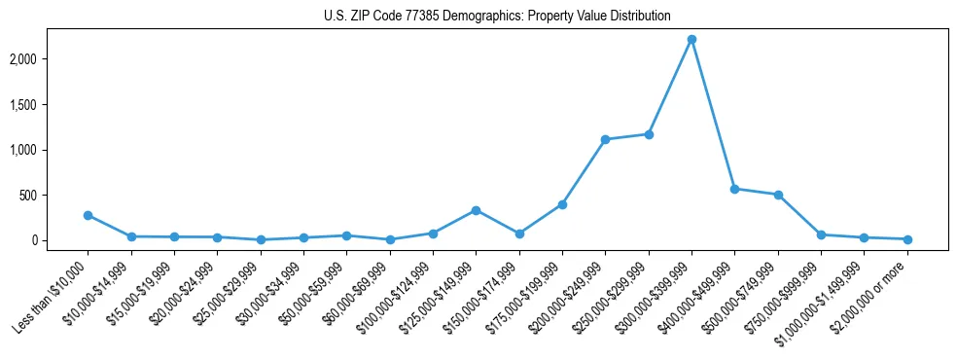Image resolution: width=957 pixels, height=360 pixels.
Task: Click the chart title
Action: point(497,16)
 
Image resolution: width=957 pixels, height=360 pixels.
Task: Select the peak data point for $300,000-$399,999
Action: point(691,40)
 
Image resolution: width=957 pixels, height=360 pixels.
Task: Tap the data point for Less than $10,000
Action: point(89,215)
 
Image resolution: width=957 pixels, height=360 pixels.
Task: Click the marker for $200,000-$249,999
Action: point(605,139)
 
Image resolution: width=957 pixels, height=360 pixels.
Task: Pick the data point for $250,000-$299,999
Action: point(649,134)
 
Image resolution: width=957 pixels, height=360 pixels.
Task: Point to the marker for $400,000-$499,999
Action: point(735,189)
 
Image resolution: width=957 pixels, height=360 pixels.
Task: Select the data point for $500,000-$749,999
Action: point(778,195)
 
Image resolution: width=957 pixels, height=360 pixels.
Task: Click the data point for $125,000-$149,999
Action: point(476,210)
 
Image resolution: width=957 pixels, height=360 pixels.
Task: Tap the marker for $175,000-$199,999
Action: point(562,204)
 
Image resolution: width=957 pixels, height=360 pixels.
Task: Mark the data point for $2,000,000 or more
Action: point(907,239)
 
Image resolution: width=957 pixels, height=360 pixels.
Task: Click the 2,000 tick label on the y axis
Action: point(49,59)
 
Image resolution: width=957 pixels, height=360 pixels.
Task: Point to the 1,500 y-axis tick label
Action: point(49,105)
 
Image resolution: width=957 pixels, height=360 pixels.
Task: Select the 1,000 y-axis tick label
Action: point(49,150)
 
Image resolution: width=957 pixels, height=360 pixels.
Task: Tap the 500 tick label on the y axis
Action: point(54,196)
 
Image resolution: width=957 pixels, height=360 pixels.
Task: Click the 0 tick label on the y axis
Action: point(60,240)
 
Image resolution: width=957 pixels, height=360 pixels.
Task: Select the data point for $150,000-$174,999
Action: point(519,234)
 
